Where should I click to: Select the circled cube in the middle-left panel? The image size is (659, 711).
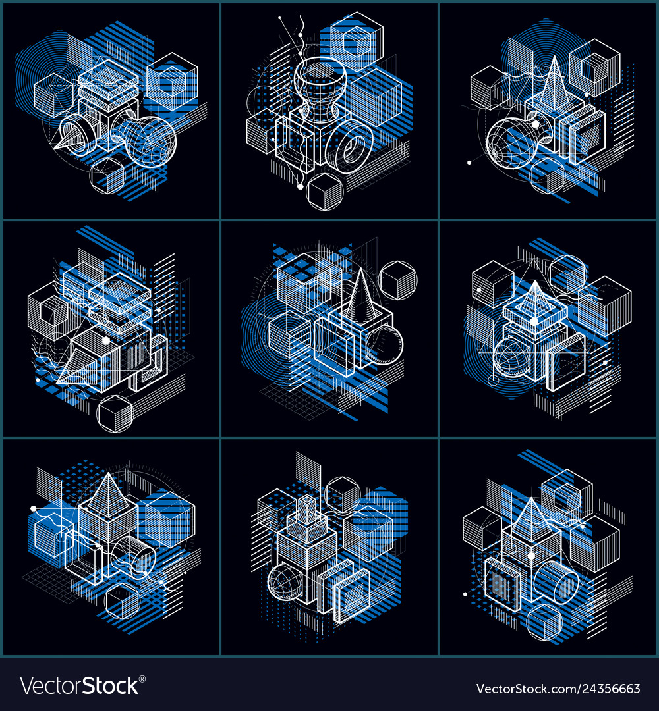[x=115, y=413]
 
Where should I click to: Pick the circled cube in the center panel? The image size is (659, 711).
[x=398, y=280]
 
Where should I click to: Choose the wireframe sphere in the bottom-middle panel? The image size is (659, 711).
[x=288, y=583]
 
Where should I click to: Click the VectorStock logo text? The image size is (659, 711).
[x=79, y=686]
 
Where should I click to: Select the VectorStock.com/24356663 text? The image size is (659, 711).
[x=558, y=689]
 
